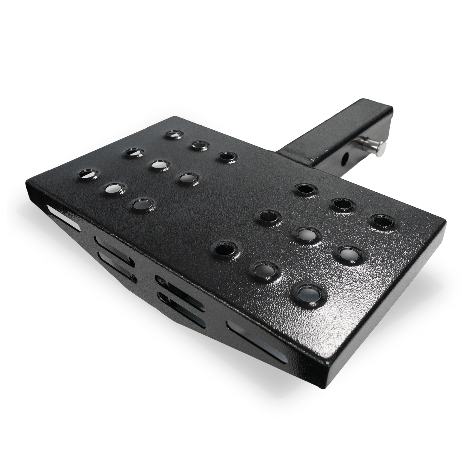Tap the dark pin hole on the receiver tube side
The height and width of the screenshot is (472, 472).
(x=344, y=159)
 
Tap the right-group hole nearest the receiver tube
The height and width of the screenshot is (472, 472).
(x=305, y=189)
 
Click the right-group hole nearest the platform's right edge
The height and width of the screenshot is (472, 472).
(x=382, y=220)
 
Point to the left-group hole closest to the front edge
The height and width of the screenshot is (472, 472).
(x=142, y=204)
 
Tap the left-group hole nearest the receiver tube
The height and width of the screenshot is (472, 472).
(x=227, y=156)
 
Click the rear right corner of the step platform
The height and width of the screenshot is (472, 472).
(x=446, y=222)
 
